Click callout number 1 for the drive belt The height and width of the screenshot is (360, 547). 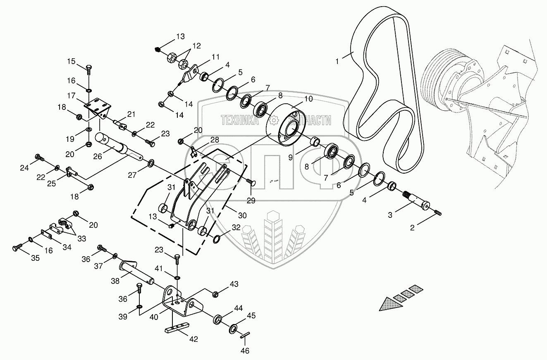(337, 62)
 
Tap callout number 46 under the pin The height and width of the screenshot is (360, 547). (245, 351)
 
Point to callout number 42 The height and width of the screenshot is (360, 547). (193, 339)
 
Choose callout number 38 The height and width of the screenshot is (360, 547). (115, 281)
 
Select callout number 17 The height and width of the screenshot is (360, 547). (72, 96)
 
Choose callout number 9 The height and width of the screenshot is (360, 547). (290, 157)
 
